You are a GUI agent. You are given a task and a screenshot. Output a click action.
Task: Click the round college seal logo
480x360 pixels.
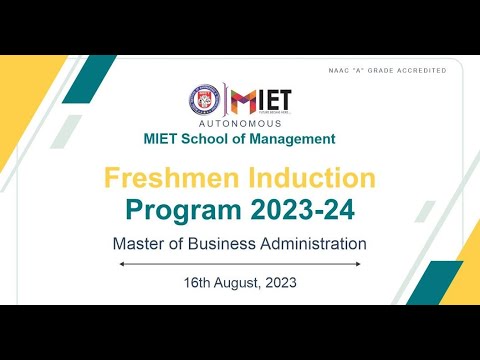coord(205,100)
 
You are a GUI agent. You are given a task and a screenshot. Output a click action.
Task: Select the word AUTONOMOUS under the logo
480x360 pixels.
coord(240,123)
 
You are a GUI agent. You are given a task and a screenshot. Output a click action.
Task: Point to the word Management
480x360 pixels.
coord(292,139)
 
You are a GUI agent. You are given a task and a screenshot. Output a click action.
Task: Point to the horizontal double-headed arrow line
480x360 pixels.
coord(240,264)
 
